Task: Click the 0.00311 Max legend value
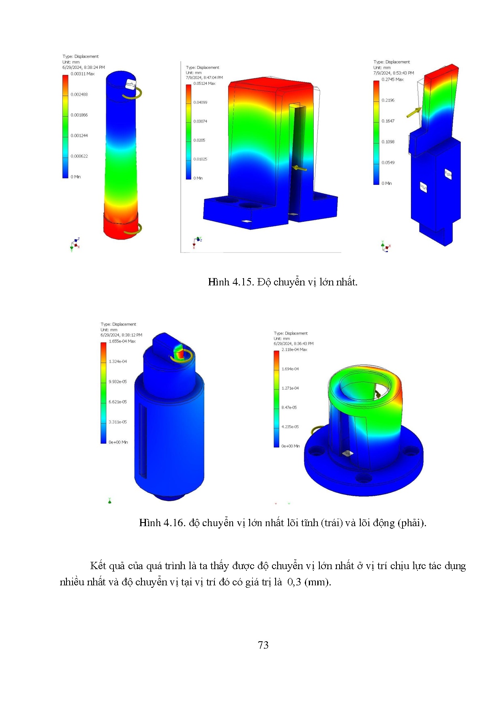coord(83,74)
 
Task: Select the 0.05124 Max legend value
coord(204,84)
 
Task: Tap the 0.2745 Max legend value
coord(392,79)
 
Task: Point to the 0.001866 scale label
coord(79,115)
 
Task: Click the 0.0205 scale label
coord(199,140)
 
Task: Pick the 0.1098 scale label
coord(388,142)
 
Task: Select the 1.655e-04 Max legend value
coord(122,341)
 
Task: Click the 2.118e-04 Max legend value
coord(294,349)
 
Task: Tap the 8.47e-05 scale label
coord(289,407)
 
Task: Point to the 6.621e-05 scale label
coord(118,402)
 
